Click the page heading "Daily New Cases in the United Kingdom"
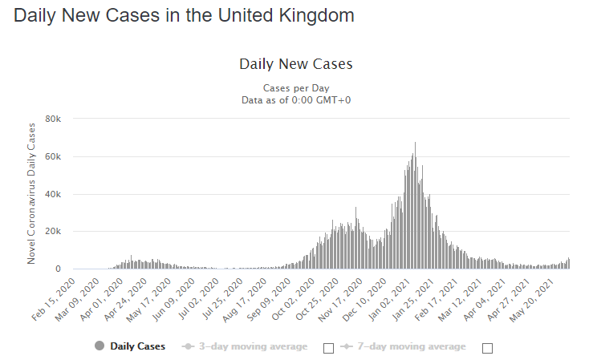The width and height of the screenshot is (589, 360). [x=184, y=15]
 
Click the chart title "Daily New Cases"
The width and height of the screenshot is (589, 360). [x=295, y=63]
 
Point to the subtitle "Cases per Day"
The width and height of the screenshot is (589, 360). [x=295, y=87]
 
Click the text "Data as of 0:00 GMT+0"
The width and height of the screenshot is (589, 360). [x=295, y=99]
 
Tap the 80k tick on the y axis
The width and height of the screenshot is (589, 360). [x=52, y=119]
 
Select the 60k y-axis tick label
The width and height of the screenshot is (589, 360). [x=52, y=156]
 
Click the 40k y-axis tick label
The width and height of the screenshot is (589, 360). [x=52, y=194]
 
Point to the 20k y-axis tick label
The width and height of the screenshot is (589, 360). [x=52, y=232]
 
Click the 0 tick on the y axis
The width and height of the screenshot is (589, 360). [x=57, y=269]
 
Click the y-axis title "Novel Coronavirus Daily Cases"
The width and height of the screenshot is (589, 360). [x=32, y=194]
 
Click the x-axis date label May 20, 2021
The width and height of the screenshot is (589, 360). [x=549, y=298]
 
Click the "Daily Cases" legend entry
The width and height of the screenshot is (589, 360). [x=130, y=346]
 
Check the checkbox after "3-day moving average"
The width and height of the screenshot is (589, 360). [x=327, y=347]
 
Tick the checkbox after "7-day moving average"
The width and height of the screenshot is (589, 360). [x=486, y=347]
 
